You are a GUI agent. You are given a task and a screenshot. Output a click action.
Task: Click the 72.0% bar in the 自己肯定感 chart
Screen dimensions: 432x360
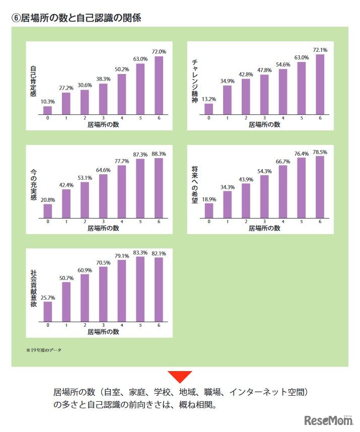(x=159, y=86)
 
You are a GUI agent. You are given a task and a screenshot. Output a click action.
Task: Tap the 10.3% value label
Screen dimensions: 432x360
(x=48, y=102)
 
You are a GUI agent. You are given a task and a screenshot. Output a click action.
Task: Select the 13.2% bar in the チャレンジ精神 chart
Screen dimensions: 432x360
(x=209, y=109)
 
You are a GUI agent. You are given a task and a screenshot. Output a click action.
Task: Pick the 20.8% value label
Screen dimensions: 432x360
(x=48, y=200)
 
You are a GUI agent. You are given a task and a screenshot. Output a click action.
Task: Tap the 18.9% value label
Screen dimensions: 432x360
(x=209, y=199)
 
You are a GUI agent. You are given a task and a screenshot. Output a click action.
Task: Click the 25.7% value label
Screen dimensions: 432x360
(x=48, y=298)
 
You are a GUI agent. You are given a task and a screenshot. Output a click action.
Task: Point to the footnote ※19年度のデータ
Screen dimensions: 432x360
(x=44, y=349)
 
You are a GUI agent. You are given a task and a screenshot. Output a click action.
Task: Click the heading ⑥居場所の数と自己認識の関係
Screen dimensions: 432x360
(x=76, y=18)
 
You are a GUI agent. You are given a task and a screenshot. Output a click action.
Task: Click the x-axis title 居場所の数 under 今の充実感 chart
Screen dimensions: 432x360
(x=103, y=228)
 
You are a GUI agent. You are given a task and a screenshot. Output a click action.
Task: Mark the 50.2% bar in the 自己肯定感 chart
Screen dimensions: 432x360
(x=121, y=95)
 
